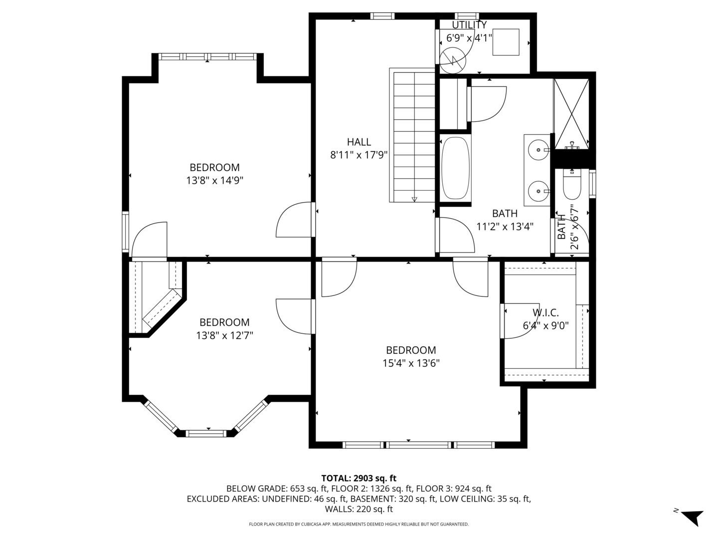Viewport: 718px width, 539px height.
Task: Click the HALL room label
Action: (359, 142)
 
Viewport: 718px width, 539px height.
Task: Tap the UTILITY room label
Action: (469, 25)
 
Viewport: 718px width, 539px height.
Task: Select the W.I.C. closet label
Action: (545, 313)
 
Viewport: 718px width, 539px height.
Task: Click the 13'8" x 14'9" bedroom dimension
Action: (214, 181)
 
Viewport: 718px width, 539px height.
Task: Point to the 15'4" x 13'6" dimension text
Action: (411, 363)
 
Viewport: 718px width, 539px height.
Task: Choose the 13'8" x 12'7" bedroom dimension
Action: (224, 336)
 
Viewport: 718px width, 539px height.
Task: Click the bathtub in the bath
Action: (455, 168)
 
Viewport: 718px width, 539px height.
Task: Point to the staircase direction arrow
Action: (414, 199)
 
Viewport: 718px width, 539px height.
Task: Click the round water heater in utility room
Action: (453, 61)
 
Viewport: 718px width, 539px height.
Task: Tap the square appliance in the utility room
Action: (506, 42)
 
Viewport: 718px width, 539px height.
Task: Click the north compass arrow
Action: (692, 517)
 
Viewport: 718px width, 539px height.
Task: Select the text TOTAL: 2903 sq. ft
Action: (359, 478)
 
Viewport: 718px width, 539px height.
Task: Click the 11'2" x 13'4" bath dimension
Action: (505, 227)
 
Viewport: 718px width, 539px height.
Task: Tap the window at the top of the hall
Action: (382, 16)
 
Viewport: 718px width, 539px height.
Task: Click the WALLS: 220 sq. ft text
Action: (359, 509)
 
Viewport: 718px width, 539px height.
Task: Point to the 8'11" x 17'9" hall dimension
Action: (359, 155)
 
